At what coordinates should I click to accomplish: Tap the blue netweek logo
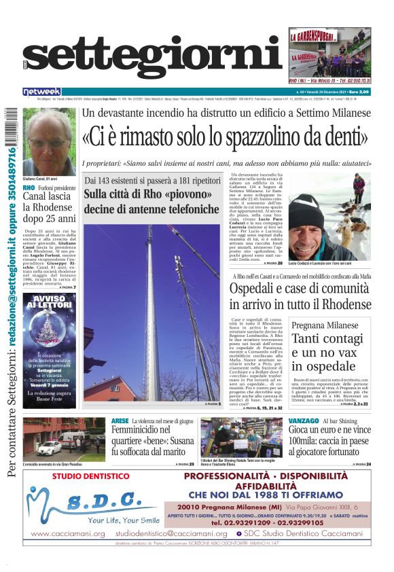41,91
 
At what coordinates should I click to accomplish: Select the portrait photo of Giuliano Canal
48,137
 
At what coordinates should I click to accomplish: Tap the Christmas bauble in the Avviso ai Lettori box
48,334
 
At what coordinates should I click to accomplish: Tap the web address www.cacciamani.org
68,533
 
